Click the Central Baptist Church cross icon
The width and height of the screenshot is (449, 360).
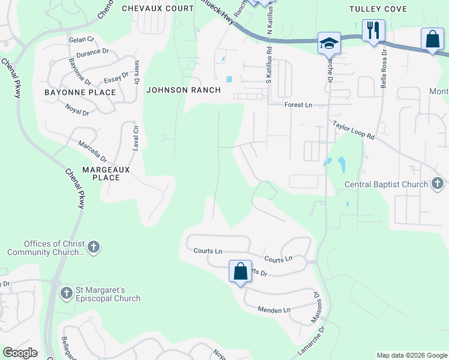pyautogui.click(x=438, y=184)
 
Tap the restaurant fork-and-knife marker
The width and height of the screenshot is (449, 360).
pyautogui.click(x=373, y=30)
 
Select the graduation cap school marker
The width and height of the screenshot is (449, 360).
pyautogui.click(x=329, y=43)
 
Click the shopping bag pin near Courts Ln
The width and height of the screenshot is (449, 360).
pyautogui.click(x=240, y=271)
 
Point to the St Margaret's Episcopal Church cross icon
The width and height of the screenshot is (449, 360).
pyautogui.click(x=67, y=293)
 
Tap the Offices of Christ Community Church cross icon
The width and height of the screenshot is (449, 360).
pyautogui.click(x=93, y=247)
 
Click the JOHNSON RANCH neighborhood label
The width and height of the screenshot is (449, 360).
pyautogui.click(x=183, y=90)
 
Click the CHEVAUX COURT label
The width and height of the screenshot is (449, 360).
pyautogui.click(x=157, y=8)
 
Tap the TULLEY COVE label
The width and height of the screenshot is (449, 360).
pyautogui.click(x=379, y=9)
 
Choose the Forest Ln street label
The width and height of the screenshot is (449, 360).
pyautogui.click(x=298, y=105)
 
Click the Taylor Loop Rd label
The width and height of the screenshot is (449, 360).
pyautogui.click(x=354, y=130)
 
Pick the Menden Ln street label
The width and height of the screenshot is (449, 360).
pyautogui.click(x=274, y=310)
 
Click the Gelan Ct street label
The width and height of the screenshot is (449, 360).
pyautogui.click(x=82, y=39)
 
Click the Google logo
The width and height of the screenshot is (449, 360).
pyautogui.click(x=20, y=353)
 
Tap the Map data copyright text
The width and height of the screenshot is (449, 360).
pyautogui.click(x=411, y=355)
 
